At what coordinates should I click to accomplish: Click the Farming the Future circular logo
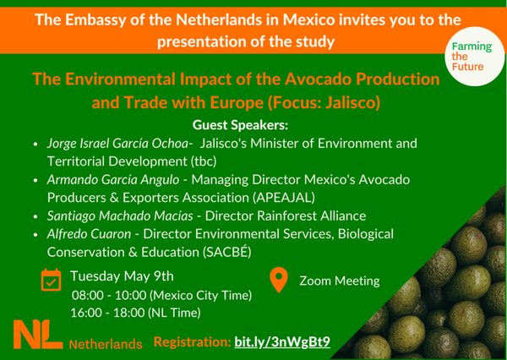(474, 57)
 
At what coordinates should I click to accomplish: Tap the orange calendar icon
(51, 280)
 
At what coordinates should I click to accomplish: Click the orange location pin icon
(279, 280)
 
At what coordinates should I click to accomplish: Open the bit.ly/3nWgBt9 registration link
(282, 342)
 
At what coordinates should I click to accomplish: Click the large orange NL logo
(38, 335)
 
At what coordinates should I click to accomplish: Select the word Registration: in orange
(193, 342)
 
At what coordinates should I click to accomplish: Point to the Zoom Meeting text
(340, 281)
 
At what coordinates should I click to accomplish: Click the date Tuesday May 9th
(122, 276)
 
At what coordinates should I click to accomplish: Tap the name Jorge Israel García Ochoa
(118, 144)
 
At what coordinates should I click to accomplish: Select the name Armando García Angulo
(113, 179)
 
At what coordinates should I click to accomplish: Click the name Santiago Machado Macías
(120, 215)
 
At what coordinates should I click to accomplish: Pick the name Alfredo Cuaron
(89, 234)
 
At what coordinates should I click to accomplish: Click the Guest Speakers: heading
(240, 125)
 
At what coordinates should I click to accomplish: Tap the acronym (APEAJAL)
(284, 198)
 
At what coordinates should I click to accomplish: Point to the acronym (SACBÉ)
(227, 252)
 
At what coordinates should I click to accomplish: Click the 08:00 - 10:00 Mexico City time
(161, 295)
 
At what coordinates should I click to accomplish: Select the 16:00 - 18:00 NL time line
(136, 313)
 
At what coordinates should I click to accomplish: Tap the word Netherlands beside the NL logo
(106, 345)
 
